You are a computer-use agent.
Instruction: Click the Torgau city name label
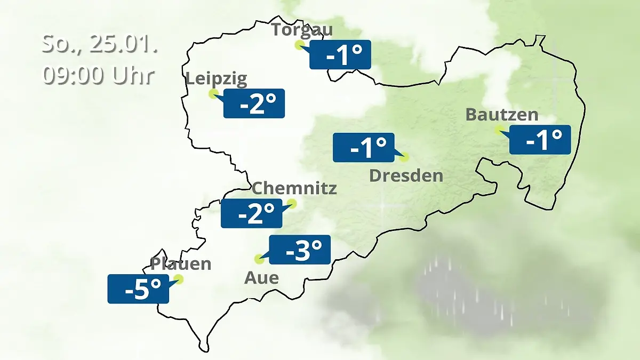302,29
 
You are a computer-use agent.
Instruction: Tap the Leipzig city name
217,79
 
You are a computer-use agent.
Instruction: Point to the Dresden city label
406,175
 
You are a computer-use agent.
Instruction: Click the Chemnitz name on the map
294,188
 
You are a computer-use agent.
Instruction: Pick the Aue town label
261,277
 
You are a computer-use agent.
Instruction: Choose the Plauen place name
181,263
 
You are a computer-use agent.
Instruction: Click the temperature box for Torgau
340,55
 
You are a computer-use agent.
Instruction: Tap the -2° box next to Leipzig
254,103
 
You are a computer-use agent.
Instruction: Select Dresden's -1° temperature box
364,147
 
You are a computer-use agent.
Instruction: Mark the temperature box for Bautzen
540,140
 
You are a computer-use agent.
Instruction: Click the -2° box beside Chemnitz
251,213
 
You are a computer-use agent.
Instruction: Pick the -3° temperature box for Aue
300,250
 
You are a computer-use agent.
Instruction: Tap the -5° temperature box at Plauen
138,289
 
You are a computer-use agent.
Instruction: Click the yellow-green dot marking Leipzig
213,94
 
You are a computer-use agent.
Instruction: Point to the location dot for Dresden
404,157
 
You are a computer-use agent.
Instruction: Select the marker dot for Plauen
179,279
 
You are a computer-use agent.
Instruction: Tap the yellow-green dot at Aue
259,259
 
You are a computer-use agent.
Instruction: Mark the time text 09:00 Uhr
99,75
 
